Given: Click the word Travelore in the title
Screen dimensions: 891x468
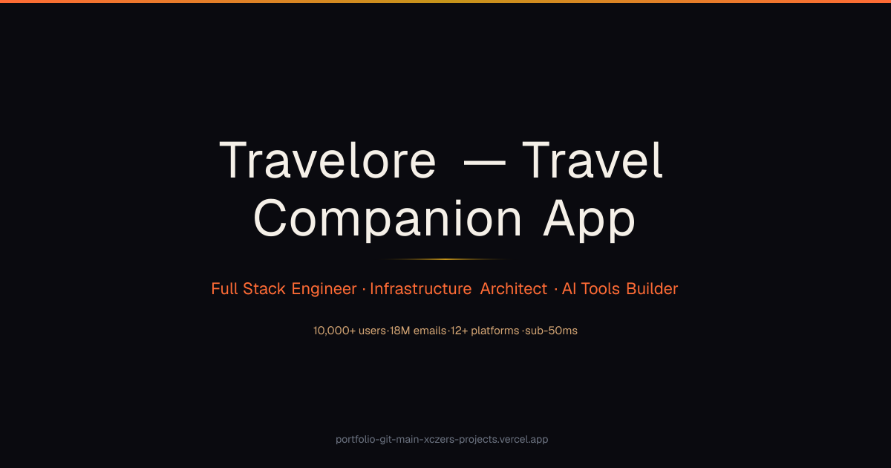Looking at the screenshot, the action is tap(327, 160).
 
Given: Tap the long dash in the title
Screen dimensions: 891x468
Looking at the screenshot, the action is tap(484, 163).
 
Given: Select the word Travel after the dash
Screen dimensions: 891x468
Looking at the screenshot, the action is tap(593, 159).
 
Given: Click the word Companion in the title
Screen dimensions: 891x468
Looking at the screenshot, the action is tap(388, 220).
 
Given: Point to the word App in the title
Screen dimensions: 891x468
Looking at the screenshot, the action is tap(589, 220).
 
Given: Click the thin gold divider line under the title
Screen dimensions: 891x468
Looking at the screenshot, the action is tap(445, 259).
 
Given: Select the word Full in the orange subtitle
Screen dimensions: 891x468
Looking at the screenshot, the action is tap(224, 288).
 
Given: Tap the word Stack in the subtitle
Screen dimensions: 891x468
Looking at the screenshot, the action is tap(264, 288).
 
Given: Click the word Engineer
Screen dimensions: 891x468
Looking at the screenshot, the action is tap(324, 289).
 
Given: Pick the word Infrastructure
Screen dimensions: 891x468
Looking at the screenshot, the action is tap(420, 288).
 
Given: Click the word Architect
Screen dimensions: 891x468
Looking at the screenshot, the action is tap(514, 288).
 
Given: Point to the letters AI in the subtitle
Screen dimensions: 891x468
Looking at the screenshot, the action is tap(569, 288).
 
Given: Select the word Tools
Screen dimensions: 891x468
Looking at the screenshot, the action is tap(600, 288).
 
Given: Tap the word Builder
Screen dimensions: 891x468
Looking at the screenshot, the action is tap(652, 288).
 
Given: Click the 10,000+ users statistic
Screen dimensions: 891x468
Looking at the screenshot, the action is tap(350, 331).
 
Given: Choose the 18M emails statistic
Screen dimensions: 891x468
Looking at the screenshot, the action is tap(418, 331).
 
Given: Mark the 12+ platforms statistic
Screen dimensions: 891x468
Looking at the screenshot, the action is tap(485, 331).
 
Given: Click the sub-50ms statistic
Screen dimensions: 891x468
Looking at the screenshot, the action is tap(551, 331).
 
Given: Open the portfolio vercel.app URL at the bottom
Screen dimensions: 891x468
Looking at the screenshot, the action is tap(442, 439).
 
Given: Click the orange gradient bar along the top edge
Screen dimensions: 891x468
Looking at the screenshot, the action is tap(446, 1).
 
